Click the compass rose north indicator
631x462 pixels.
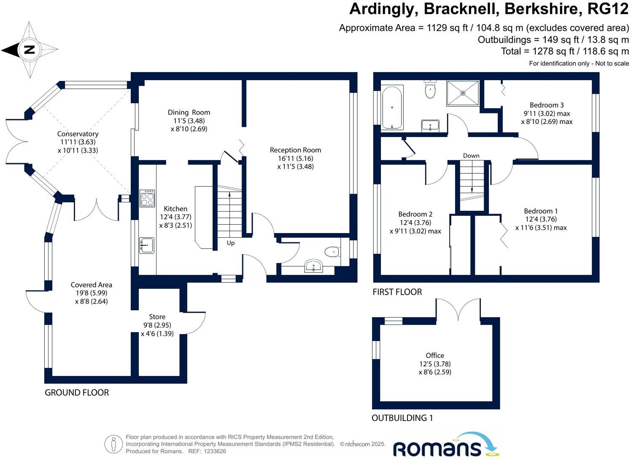coord(29,50)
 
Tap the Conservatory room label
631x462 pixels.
coord(78,134)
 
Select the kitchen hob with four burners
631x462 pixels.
coord(147,198)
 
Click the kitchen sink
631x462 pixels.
coord(147,245)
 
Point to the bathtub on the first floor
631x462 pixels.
coord(392,108)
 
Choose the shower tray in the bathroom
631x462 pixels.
coord(463,93)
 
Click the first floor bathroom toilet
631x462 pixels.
coord(430,89)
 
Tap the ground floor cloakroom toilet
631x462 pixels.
coord(332,252)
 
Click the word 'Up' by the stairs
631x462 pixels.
coord(231,243)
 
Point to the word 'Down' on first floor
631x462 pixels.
coord(471,156)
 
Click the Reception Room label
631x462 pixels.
coord(295,150)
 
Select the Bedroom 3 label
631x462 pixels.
coord(547,105)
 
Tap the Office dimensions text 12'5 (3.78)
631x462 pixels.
coord(435,364)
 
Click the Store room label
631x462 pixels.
coord(157,317)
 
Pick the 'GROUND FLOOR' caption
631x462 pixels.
coord(77,392)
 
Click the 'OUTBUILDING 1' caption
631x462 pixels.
coord(402,418)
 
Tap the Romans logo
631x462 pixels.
coord(445,446)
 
